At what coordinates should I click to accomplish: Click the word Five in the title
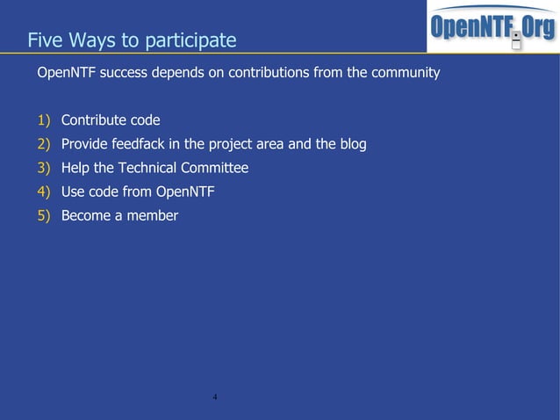pos(45,40)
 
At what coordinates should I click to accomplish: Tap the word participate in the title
pos(192,41)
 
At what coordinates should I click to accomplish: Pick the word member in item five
pos(152,215)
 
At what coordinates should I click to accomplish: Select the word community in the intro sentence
pos(405,73)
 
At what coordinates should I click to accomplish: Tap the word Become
pos(85,215)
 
